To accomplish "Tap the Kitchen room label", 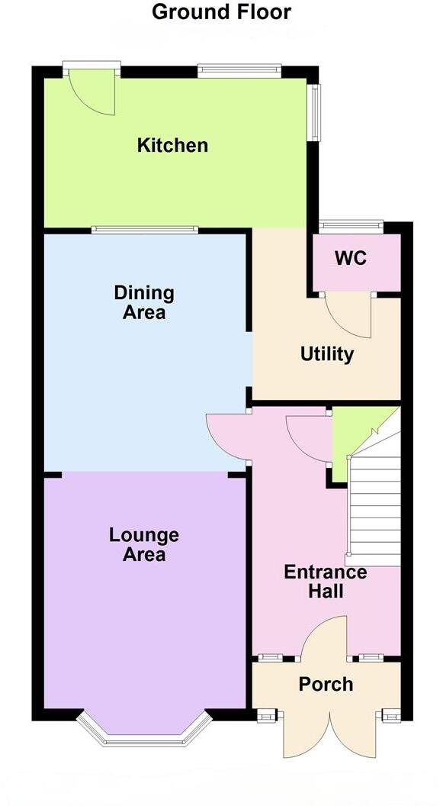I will [172, 145].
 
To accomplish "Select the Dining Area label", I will [144, 302].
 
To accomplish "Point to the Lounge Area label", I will [144, 544].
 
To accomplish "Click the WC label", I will [351, 258].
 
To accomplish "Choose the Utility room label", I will [326, 354].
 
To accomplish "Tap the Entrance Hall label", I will [326, 582].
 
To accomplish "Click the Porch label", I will [326, 684].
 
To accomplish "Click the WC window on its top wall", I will [351, 225].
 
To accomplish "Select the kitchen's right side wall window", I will [315, 112].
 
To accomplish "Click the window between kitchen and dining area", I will [145, 229].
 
